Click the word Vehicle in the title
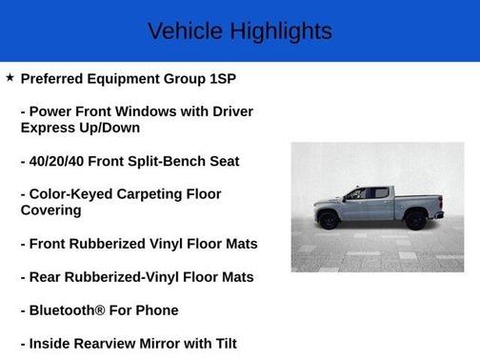point(185,31)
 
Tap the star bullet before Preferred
point(10,78)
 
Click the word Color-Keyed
point(74,194)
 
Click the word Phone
point(156,310)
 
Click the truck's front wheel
point(329,219)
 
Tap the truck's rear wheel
point(416,219)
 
